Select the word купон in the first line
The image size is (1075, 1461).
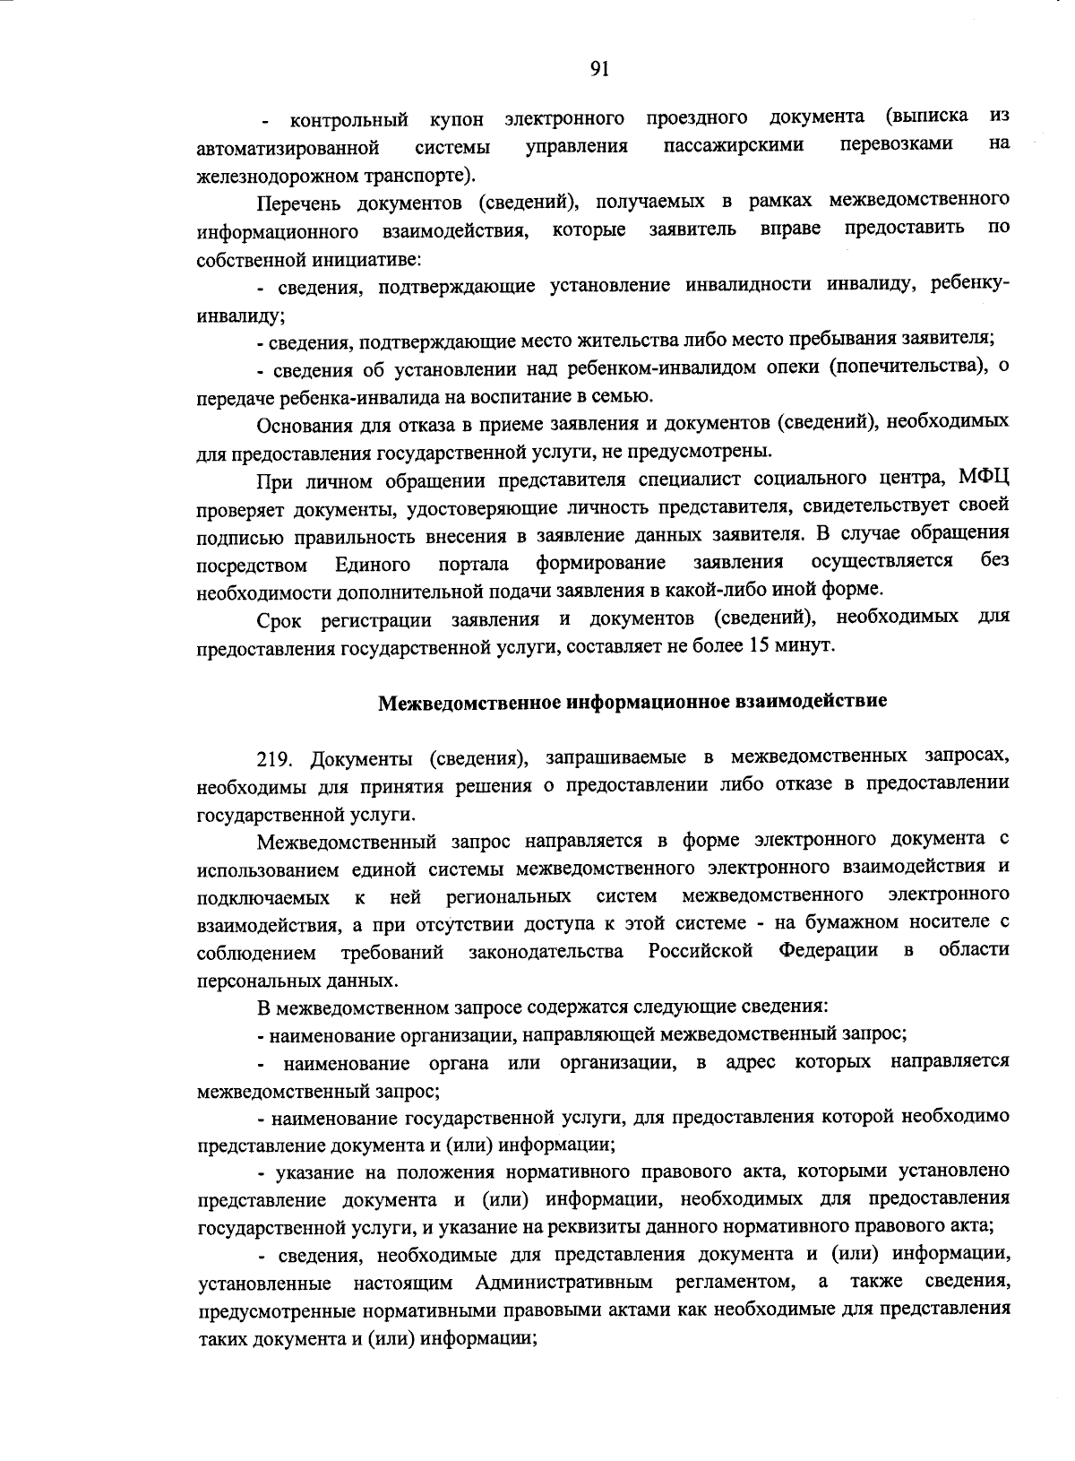[x=457, y=119]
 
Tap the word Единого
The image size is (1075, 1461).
[x=373, y=564]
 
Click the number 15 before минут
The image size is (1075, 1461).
[x=760, y=644]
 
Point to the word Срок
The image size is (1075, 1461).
[x=279, y=619]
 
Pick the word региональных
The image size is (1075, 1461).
[x=509, y=896]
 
